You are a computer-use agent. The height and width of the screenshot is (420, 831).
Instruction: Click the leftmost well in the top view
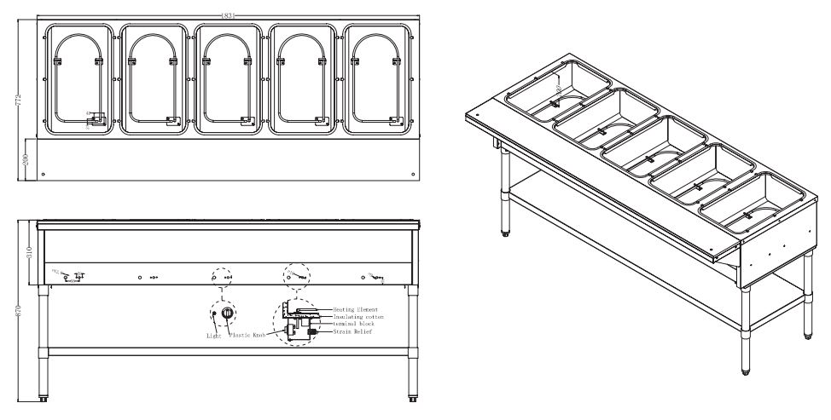tap(78, 78)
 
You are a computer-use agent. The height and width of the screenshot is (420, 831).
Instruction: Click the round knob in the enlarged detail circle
tap(227, 314)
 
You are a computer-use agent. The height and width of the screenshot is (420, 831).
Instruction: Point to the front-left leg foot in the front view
tap(43, 397)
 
